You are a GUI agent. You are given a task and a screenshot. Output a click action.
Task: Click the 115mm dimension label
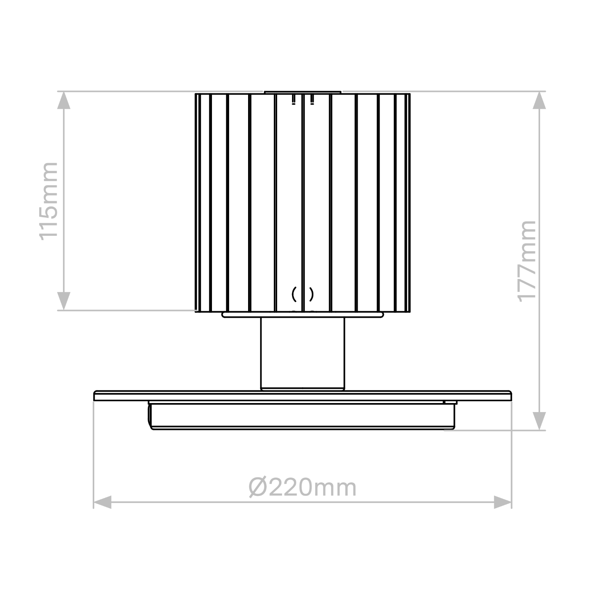pos(49,201)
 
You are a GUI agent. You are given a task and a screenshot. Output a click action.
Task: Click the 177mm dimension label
pos(527,261)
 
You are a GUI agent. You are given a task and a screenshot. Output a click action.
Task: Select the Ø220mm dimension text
pos(302,488)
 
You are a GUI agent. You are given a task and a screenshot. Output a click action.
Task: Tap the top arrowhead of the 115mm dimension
pos(64,100)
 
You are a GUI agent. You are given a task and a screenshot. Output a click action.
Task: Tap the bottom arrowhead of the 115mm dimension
pos(64,301)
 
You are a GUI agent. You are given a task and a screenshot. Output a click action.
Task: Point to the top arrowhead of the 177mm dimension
pos(539,100)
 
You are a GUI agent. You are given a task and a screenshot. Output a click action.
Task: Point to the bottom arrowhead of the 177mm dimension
pos(539,421)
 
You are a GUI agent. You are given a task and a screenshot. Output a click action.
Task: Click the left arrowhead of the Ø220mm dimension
pos(102,502)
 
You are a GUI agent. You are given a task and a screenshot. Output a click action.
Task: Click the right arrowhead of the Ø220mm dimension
pos(503,502)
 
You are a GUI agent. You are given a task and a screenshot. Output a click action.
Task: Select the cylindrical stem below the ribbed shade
pos(302,352)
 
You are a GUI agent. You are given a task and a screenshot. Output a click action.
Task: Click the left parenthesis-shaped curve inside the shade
pos(294,294)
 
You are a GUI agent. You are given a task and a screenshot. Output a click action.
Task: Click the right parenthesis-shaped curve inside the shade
pos(311,294)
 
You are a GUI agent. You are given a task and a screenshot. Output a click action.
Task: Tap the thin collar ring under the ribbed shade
pos(302,315)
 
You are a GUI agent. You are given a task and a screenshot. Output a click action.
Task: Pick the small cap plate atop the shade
pos(302,92)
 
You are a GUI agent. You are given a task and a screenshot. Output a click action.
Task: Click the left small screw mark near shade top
pos(294,100)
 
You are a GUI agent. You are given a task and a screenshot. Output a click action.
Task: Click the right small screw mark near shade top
pos(312,100)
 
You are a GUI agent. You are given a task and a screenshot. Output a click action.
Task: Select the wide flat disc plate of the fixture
pos(302,396)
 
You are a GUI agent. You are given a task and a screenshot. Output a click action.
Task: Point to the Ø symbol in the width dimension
pos(258,488)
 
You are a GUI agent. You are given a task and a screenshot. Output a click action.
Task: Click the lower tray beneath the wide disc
pos(302,416)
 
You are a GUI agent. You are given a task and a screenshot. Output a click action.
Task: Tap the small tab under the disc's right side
pos(450,402)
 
